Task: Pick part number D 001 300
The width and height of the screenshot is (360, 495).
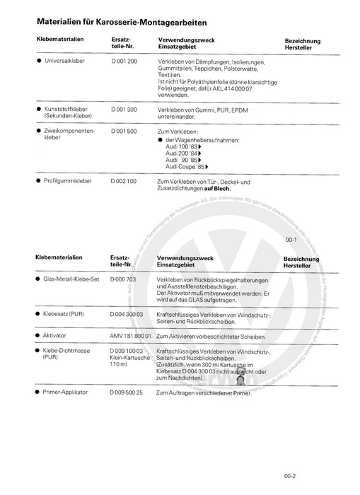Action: [x=124, y=110]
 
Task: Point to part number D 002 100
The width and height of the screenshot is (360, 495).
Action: [x=124, y=182]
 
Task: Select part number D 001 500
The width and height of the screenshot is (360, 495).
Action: [x=124, y=131]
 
